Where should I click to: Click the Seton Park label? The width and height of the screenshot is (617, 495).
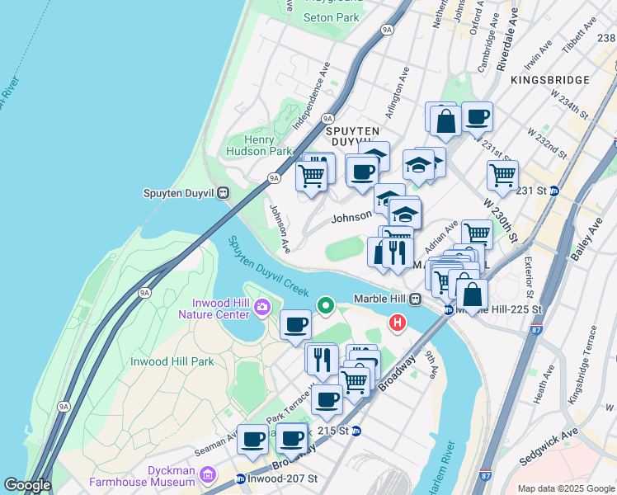[331, 16]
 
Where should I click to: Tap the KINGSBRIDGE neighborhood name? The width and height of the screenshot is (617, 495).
[549, 80]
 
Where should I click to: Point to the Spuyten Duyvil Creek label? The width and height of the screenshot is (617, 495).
[268, 266]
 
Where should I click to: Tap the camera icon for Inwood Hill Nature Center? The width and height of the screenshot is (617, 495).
[262, 308]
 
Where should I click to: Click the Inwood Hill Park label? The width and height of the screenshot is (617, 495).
[172, 361]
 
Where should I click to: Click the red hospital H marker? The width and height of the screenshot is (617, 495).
[398, 323]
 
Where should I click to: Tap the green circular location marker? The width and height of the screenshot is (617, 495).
[326, 307]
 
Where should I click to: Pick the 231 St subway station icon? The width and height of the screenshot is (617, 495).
[554, 191]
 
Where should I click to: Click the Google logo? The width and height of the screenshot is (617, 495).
[28, 485]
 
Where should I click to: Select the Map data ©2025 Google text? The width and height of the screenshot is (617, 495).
[565, 488]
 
